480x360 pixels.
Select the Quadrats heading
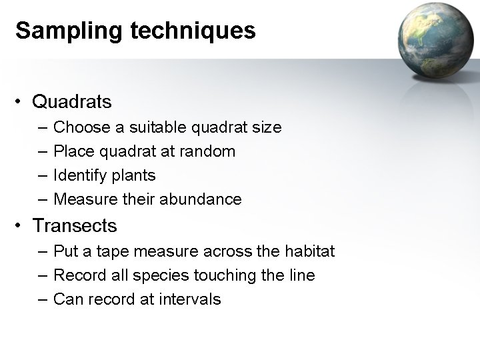pos(72,102)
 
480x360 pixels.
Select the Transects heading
pos(75,226)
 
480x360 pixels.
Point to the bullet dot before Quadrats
pos(21,103)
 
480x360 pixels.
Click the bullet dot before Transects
pos(21,227)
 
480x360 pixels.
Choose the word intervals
pos(190,299)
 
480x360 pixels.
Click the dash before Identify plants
pos(43,176)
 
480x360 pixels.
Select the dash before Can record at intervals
pos(43,299)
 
